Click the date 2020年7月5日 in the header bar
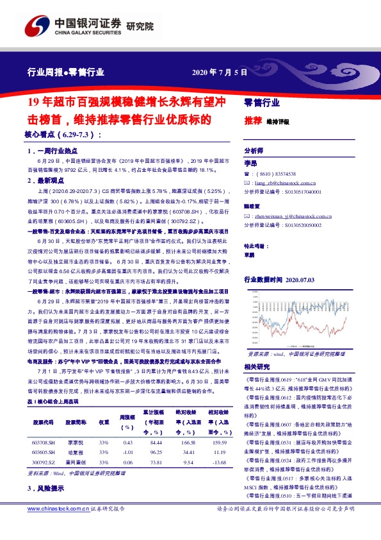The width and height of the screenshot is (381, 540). point(220,72)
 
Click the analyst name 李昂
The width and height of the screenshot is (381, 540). point(250,164)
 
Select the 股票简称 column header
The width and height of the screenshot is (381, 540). point(74,423)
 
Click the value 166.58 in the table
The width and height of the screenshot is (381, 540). point(188,442)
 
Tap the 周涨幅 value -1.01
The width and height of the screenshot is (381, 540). point(127,451)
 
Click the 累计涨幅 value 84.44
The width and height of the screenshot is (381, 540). point(155,442)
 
